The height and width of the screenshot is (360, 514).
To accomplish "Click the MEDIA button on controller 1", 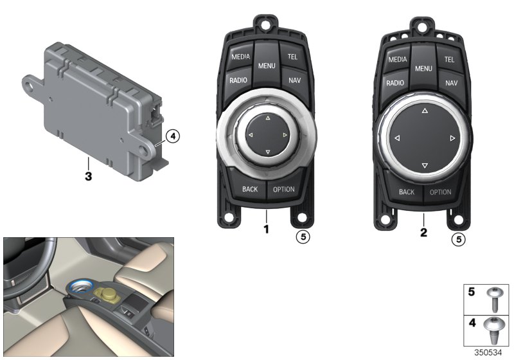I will point(240,58).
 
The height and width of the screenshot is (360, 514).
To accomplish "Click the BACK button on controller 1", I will point(249,189).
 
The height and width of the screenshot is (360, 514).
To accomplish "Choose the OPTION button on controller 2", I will point(440,192).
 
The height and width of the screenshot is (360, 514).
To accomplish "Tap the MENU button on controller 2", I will point(423,67).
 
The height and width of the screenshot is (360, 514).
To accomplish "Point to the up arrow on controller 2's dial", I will point(424,111).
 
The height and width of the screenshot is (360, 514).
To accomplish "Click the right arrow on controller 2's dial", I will point(452,138).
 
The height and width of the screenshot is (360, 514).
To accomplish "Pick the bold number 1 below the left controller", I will point(265,228).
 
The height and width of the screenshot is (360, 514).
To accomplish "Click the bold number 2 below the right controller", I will point(423,232).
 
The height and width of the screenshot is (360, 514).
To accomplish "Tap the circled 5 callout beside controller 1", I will point(302,237).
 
